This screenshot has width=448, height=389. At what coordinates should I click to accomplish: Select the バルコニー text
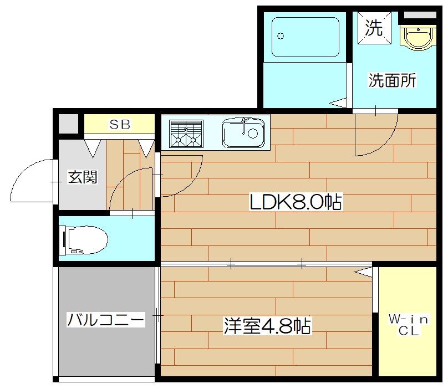pyautogui.click(x=105, y=320)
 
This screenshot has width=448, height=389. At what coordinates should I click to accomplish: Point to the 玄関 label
pyautogui.click(x=83, y=177)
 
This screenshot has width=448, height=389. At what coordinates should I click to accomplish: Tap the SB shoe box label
pyautogui.click(x=119, y=125)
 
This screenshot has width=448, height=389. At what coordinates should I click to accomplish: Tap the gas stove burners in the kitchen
pyautogui.click(x=185, y=134)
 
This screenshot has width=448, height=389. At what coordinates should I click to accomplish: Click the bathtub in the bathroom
pyautogui.click(x=306, y=37)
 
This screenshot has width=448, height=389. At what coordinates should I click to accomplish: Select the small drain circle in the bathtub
pyautogui.click(x=281, y=37)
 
